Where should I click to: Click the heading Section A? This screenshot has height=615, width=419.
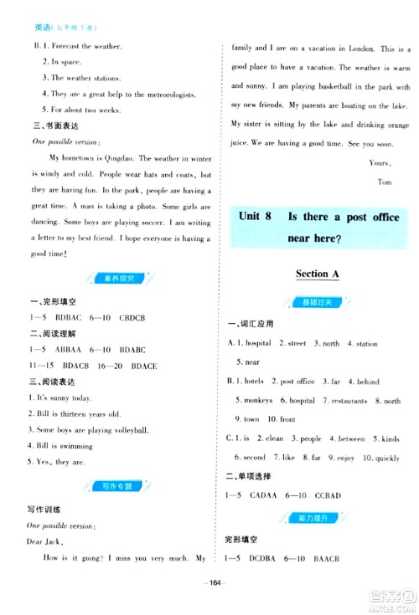[319, 274]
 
